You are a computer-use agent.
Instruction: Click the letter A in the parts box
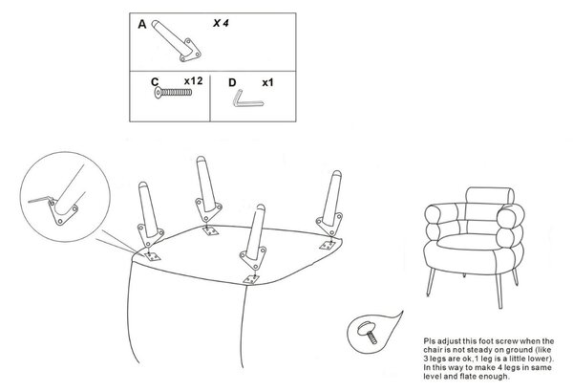click(141, 25)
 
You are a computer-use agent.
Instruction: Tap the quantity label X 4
click(221, 23)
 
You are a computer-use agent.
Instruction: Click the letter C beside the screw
click(155, 82)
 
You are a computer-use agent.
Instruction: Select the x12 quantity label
click(193, 81)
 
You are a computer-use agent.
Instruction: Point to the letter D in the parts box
click(232, 83)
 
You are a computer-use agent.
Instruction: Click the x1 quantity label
click(267, 83)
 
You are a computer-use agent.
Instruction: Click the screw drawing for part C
click(173, 92)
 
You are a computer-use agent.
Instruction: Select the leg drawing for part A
click(176, 40)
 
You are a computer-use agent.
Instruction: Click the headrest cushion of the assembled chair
click(490, 195)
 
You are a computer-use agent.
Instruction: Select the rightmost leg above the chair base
click(331, 204)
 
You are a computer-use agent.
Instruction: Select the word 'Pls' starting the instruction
click(430, 340)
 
